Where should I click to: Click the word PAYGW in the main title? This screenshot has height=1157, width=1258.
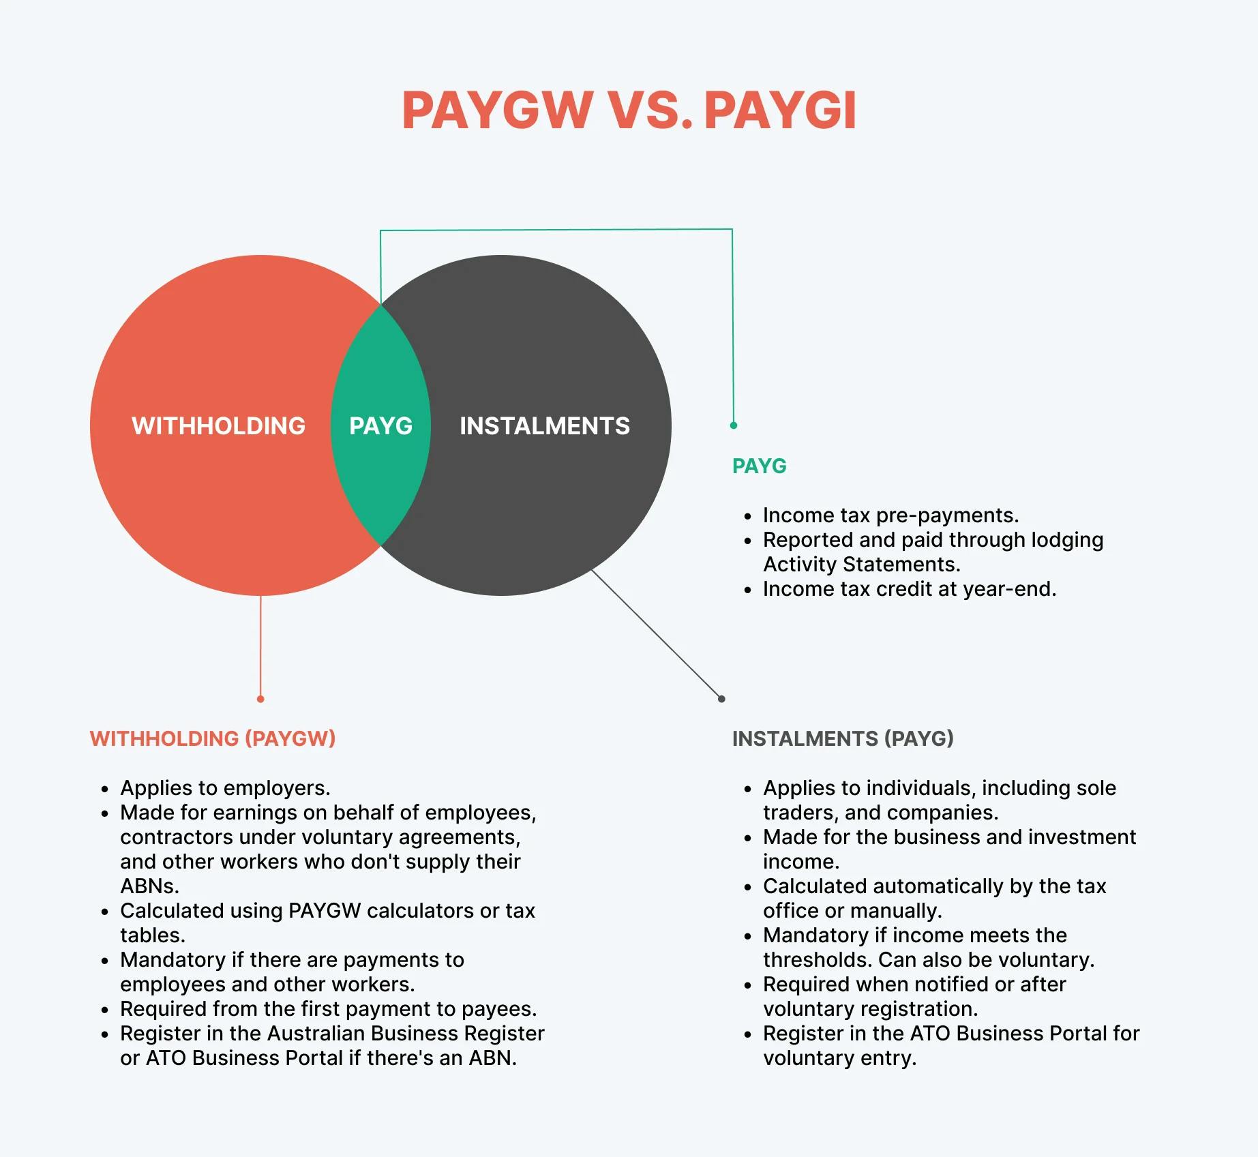pyautogui.click(x=498, y=110)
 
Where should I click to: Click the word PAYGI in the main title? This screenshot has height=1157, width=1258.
pyautogui.click(x=779, y=110)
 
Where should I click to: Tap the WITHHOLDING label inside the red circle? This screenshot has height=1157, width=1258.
pyautogui.click(x=218, y=426)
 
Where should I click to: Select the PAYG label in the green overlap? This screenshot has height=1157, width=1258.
pyautogui.click(x=380, y=426)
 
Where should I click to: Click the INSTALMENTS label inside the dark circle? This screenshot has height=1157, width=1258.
pyautogui.click(x=545, y=426)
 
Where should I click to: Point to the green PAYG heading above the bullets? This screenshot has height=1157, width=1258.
pyautogui.click(x=760, y=466)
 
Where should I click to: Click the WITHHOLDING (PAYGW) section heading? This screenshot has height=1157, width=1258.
pyautogui.click(x=213, y=738)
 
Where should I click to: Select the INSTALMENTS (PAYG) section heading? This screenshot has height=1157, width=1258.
pyautogui.click(x=843, y=738)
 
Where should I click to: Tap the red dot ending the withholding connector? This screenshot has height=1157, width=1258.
pyautogui.click(x=260, y=699)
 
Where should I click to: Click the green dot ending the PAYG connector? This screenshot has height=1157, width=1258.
pyautogui.click(x=734, y=425)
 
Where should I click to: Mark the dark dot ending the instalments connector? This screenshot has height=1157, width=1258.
pyautogui.click(x=721, y=699)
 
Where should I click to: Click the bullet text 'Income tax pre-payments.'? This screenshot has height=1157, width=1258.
pyautogui.click(x=890, y=515)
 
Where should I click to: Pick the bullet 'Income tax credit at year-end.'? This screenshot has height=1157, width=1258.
pyautogui.click(x=910, y=589)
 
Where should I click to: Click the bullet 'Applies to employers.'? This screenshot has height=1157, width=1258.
pyautogui.click(x=225, y=788)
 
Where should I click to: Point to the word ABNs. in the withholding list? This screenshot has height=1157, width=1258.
pyautogui.click(x=150, y=886)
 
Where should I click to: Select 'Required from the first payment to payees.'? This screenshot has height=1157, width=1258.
pyautogui.click(x=329, y=1009)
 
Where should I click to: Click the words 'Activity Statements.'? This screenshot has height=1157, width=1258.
pyautogui.click(x=862, y=565)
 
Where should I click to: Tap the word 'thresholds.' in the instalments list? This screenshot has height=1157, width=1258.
pyautogui.click(x=818, y=960)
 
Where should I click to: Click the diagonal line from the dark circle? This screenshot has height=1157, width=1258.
pyautogui.click(x=657, y=634)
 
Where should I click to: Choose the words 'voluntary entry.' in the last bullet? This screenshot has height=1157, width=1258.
pyautogui.click(x=840, y=1058)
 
